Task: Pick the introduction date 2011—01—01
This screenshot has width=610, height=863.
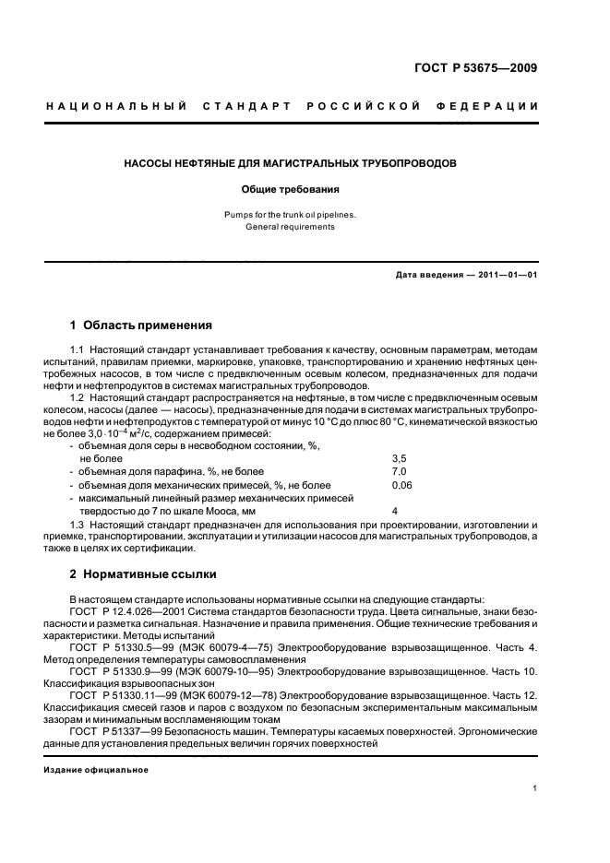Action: click(503, 275)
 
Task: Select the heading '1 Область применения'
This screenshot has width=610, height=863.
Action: click(141, 325)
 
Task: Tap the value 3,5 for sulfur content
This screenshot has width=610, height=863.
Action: click(399, 457)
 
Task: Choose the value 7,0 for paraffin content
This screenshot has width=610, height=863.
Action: click(399, 470)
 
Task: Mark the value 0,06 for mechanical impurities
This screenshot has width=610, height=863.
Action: click(401, 484)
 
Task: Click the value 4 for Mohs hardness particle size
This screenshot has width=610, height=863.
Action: click(395, 510)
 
